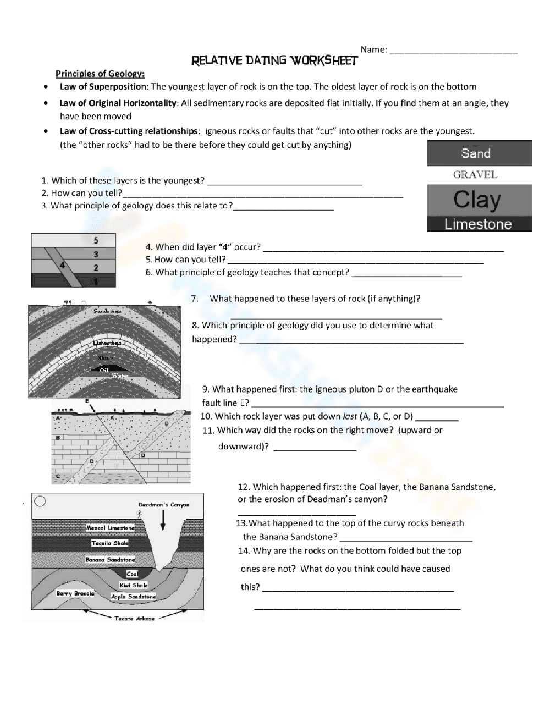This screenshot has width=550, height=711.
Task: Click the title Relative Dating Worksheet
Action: (274, 60)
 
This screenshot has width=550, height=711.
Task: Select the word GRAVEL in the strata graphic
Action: (475, 175)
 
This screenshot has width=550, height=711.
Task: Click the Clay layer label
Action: (477, 200)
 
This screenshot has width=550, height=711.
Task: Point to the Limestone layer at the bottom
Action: (478, 224)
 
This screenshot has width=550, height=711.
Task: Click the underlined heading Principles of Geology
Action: (100, 74)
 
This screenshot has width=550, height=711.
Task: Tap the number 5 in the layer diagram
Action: (96, 240)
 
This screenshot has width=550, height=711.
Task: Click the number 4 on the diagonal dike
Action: (63, 265)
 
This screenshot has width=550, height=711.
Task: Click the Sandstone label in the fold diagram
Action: (107, 311)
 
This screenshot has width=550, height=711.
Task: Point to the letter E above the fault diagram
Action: (87, 401)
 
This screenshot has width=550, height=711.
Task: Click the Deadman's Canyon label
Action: (163, 504)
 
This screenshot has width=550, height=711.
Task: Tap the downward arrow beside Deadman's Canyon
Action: (163, 520)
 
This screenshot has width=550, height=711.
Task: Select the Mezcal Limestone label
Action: (110, 528)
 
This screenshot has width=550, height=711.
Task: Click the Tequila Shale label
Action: (110, 543)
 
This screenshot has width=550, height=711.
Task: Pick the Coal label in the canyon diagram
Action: (133, 574)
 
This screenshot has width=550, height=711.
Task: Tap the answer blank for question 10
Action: (437, 417)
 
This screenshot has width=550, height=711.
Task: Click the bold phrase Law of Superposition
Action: (103, 86)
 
